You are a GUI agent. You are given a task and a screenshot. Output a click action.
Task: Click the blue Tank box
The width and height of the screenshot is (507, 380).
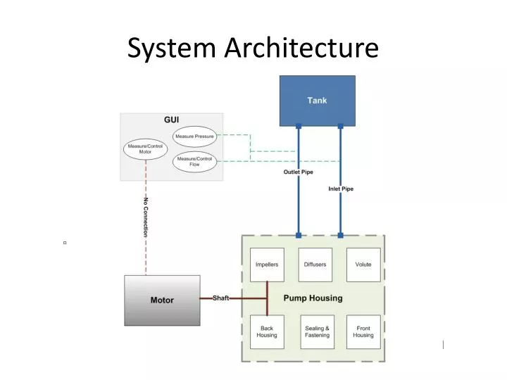click(317, 101)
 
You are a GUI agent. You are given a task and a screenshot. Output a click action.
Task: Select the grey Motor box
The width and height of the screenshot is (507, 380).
click(161, 300)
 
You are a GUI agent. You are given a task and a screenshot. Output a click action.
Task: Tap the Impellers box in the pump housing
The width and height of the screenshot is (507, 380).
click(267, 265)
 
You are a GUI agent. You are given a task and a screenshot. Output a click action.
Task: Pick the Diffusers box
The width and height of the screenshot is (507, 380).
click(315, 265)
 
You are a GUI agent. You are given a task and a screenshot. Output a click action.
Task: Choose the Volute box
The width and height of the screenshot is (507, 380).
click(363, 265)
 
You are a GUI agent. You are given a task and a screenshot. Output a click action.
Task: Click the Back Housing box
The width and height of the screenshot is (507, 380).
click(267, 331)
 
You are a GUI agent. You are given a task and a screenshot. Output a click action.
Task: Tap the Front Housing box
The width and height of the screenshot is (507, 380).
click(363, 331)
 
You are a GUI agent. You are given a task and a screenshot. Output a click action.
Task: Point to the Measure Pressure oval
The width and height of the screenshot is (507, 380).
click(194, 137)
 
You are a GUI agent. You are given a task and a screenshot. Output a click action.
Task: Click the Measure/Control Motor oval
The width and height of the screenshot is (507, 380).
click(145, 148)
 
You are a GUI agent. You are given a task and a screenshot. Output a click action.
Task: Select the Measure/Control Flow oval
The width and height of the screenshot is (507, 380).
click(194, 162)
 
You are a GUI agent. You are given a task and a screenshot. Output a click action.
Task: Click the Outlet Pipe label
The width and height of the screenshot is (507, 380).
click(299, 172)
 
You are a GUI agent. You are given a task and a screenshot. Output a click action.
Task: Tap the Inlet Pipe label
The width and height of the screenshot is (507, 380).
click(341, 189)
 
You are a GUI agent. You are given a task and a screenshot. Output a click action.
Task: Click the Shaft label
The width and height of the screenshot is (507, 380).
click(221, 298)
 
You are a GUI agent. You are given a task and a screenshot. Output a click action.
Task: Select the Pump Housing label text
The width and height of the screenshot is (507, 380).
click(313, 298)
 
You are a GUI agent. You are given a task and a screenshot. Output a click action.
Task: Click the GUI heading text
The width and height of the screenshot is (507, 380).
click(172, 120)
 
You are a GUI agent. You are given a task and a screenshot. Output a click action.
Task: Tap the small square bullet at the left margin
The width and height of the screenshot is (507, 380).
click(64, 243)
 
